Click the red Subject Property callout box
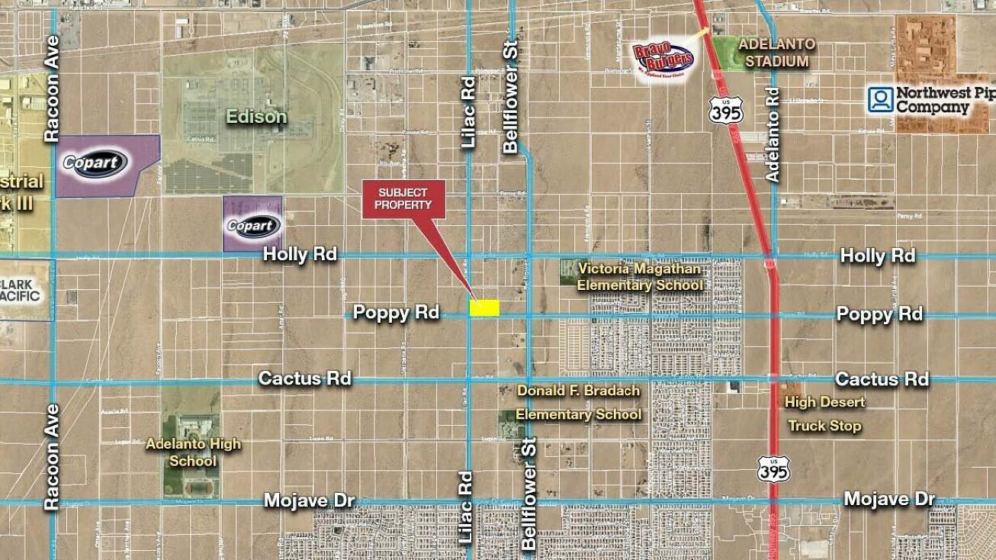pos(403,199)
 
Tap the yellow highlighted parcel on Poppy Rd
pos(484,307)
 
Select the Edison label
pos(256,117)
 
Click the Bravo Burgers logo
pos(663,56)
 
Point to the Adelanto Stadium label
pos(776,53)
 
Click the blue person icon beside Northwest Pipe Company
pos(880,99)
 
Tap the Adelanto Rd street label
pos(773,134)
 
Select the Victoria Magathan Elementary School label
pos(639,277)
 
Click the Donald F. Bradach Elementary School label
pos(579,402)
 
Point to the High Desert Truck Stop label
pos(824,414)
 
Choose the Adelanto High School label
pos(193,452)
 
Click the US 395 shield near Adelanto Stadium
pos(724,108)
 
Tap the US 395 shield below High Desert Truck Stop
pos(773,468)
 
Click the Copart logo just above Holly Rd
pos(252,226)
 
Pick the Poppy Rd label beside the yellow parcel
pos(396,313)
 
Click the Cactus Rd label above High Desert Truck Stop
pos(882,379)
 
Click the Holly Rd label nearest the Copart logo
pos(300,254)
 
